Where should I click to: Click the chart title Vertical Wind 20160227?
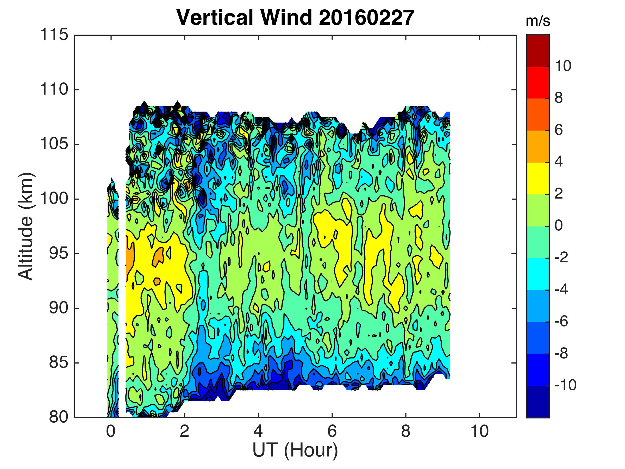(x=295, y=17)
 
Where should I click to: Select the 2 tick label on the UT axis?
(x=184, y=432)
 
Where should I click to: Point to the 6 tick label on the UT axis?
(x=332, y=432)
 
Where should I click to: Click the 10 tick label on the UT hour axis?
(x=479, y=432)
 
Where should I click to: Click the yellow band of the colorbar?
(x=538, y=178)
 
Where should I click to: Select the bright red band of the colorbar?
(x=538, y=83)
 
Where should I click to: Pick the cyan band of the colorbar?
(x=538, y=274)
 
